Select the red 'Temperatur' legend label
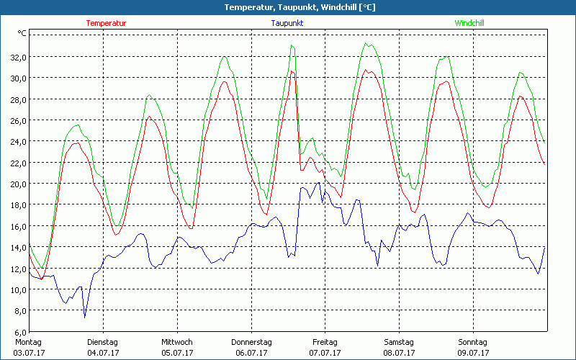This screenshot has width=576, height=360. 106,23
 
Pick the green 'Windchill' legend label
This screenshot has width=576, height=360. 469,23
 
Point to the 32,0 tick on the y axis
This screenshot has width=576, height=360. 17,57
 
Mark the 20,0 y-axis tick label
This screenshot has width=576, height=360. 17,184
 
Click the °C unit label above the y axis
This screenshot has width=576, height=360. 22,33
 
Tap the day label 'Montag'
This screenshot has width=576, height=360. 28,342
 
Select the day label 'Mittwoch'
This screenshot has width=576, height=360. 176,342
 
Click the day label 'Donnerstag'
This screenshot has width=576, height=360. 251,342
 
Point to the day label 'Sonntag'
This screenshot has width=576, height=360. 472,342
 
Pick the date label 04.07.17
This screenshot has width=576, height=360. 102,353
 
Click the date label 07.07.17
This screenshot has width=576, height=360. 325,353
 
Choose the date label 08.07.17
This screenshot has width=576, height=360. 399,353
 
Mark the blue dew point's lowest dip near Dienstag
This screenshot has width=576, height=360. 84,317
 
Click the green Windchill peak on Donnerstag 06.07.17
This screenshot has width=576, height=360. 292,45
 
